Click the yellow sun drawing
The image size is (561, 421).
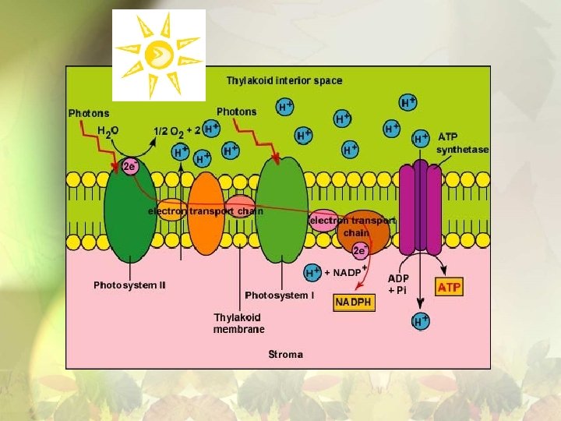[158, 55]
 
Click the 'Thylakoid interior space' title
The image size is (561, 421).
[284, 80]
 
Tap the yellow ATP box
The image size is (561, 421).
[449, 287]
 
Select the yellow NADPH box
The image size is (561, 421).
[354, 302]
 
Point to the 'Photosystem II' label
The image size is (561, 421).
[129, 285]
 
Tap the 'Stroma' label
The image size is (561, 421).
[286, 354]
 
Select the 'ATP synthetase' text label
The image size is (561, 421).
[463, 143]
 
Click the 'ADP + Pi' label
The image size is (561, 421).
[398, 284]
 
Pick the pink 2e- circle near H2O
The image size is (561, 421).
[130, 165]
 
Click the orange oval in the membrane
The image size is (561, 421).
[206, 214]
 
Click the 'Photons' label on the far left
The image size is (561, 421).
[89, 113]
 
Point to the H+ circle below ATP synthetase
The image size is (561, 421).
[421, 320]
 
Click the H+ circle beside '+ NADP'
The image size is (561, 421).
[312, 273]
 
